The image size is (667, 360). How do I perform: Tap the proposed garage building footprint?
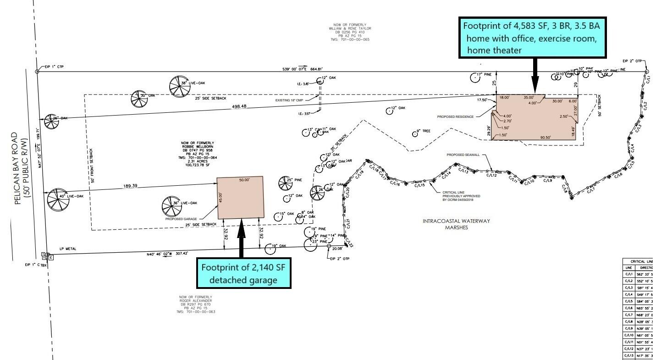point(241,197)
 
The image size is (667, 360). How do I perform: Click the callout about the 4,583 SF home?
point(533,38)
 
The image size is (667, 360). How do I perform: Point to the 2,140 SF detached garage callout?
point(243,273)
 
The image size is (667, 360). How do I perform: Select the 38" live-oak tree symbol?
point(179,86)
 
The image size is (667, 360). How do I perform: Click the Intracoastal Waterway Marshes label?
point(456,224)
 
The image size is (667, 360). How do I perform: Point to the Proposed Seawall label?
point(463,155)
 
